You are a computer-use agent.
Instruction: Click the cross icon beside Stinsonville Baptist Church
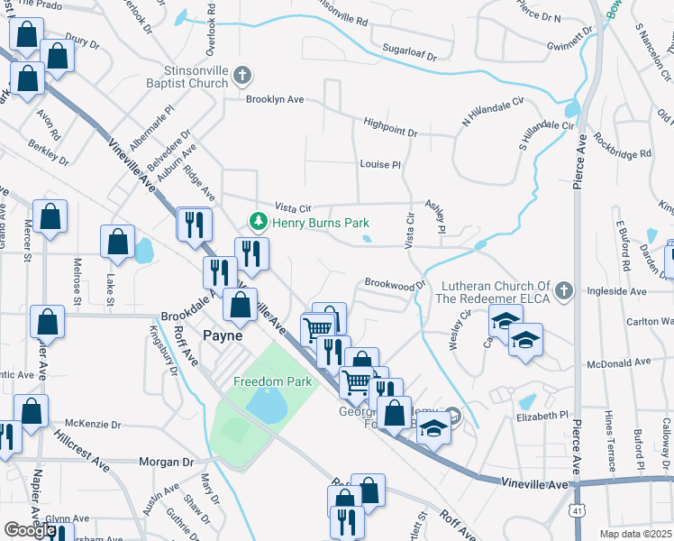click(x=241, y=76)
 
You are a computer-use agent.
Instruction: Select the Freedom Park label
click(x=272, y=381)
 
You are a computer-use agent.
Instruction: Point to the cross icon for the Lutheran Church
click(x=564, y=290)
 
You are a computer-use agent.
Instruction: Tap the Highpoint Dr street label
click(x=390, y=133)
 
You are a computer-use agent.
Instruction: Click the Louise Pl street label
click(x=379, y=165)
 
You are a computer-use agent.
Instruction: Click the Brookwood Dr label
click(x=394, y=284)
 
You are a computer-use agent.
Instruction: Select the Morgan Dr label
click(x=166, y=462)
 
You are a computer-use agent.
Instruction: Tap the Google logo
click(x=30, y=530)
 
